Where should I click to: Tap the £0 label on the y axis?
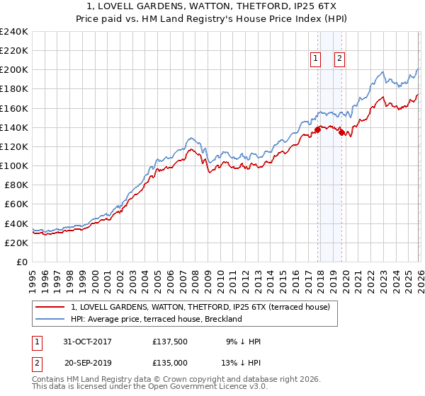[x=22, y=262]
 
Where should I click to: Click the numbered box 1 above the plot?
[x=315, y=59]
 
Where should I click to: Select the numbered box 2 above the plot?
[x=340, y=59]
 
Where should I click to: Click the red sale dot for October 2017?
[x=317, y=129]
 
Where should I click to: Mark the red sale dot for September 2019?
[x=341, y=132]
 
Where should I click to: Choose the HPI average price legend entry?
[x=156, y=319]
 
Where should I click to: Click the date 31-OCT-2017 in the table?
[x=88, y=342]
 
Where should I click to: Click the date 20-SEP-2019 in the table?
[x=88, y=363]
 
